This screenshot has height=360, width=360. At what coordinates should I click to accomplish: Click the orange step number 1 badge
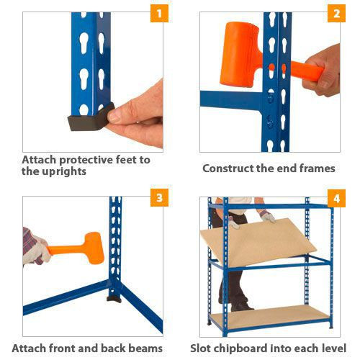coord(159,14)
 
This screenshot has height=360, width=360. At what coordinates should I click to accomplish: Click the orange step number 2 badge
coord(336,14)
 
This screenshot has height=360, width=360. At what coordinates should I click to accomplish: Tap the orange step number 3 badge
coord(159,198)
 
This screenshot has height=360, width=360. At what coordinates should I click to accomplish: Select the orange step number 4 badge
coord(336,198)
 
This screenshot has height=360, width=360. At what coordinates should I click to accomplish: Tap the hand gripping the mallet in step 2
coord(322,71)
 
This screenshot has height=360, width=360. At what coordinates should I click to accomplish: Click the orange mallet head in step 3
coord(94,248)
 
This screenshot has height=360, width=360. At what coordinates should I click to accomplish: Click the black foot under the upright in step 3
coord(114,299)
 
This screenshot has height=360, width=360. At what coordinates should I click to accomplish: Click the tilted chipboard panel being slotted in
coord(258,243)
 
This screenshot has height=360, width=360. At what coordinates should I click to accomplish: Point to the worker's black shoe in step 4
coord(240,306)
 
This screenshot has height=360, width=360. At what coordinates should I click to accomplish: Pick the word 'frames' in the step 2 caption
coord(318,168)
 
